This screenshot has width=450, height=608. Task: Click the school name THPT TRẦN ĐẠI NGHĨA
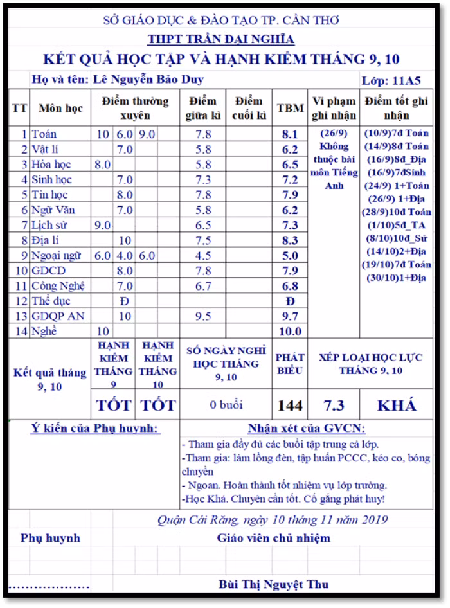pos(221,39)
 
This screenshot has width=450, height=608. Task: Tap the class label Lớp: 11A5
pos(392,80)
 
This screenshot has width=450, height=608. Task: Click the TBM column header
pos(290,108)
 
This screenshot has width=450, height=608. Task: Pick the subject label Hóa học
pos(51,165)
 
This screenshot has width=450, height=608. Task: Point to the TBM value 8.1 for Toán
pos(290,134)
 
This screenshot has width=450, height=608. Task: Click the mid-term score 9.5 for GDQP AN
pos(203,316)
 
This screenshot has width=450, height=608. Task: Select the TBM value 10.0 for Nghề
pos(290,332)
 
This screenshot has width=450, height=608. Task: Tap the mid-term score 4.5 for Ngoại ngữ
pos(203,256)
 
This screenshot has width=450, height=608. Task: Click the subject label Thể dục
pos(51,301)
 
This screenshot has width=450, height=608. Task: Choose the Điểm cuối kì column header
pos(249,108)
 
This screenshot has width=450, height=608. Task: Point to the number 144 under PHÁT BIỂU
pos(290,406)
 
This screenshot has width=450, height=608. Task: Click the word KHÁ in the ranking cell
pos(396,406)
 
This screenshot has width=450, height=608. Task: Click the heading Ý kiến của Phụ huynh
pos(95,429)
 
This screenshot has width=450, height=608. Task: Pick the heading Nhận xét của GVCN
pos(306,429)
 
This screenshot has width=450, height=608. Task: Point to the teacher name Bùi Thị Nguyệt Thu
pos(273,584)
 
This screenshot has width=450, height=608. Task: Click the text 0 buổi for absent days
pos(226,406)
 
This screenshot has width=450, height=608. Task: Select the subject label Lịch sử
pos(51,226)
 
